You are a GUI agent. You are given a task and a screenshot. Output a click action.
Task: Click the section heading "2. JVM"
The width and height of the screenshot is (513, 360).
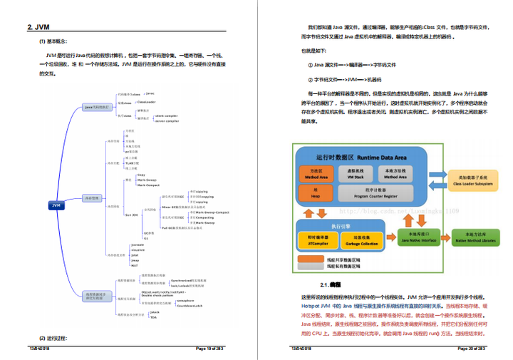(39, 28)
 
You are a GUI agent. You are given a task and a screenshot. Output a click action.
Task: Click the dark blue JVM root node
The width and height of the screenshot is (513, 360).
(56, 205)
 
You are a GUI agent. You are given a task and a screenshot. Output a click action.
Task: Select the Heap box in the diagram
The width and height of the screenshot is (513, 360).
(314, 192)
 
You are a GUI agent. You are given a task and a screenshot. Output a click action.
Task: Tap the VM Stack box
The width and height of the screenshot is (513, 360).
(355, 175)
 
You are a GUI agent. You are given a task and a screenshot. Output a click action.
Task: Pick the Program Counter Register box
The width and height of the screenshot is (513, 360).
(375, 192)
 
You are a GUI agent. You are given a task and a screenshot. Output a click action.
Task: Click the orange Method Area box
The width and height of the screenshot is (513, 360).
(314, 175)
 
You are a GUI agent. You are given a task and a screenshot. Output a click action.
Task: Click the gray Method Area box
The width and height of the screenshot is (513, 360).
(395, 175)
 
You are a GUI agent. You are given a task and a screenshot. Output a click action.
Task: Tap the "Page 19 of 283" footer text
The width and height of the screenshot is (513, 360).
(210, 349)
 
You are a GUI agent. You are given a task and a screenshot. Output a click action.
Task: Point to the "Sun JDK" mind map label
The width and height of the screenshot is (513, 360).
(131, 214)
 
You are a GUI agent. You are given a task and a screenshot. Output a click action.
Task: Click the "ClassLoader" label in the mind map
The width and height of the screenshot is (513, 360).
(147, 102)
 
